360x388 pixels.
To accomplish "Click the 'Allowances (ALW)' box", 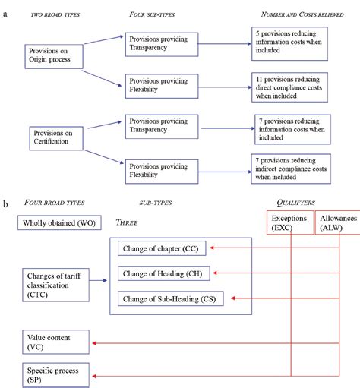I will click(x=336, y=222).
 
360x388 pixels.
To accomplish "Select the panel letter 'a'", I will click(x=7, y=14).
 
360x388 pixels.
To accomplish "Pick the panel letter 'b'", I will click(x=7, y=203).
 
